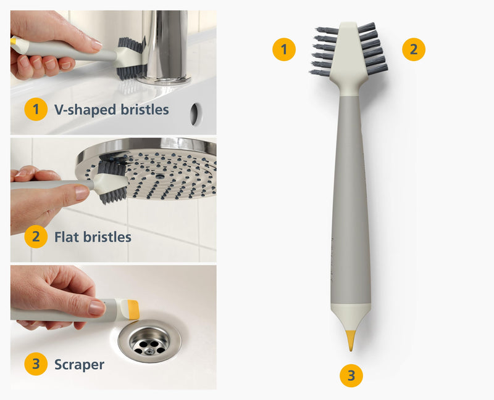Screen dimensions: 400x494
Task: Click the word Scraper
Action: pyautogui.click(x=79, y=364)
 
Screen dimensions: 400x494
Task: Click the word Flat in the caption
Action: pyautogui.click(x=66, y=236)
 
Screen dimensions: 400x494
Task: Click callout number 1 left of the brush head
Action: pyautogui.click(x=284, y=49)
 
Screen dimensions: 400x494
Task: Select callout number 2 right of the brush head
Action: pyautogui.click(x=414, y=49)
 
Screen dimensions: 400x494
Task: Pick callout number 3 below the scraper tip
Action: pyautogui.click(x=351, y=375)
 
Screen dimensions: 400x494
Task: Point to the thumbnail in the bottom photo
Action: pyautogui.click(x=96, y=308)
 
